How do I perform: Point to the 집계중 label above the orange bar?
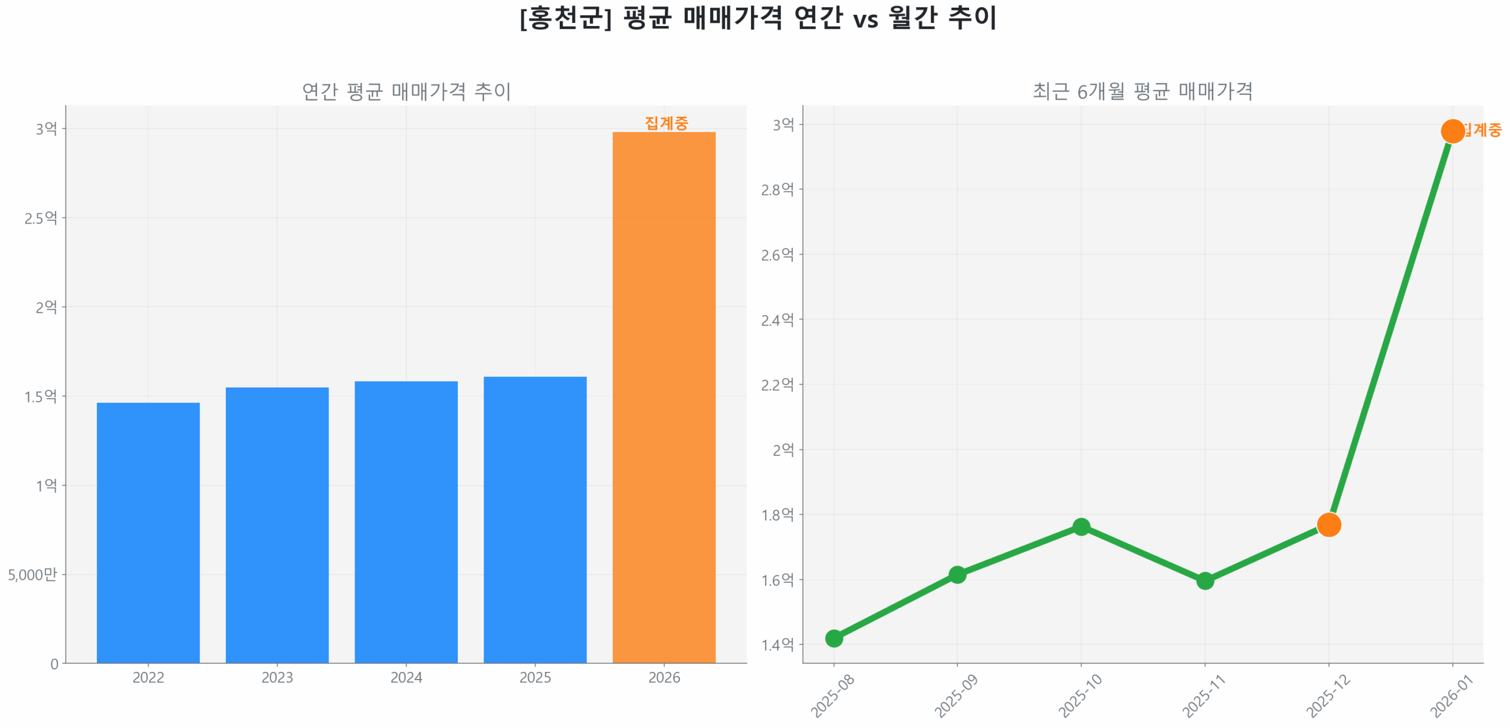(x=666, y=123)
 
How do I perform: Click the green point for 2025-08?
(x=833, y=638)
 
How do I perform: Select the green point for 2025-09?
(x=957, y=574)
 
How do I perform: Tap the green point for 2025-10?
(x=1081, y=526)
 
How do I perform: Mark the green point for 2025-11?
(x=1204, y=581)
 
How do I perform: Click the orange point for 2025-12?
(x=1328, y=524)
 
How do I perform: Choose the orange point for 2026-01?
(x=1452, y=131)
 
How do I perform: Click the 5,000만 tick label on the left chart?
(x=32, y=574)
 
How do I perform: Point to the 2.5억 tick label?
(x=41, y=218)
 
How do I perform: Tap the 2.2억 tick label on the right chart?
(x=777, y=385)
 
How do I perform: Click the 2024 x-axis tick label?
(x=406, y=677)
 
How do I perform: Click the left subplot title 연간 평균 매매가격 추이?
(x=406, y=91)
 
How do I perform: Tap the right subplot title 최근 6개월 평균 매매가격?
(x=1143, y=91)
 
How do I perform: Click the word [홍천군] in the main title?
(x=565, y=18)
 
